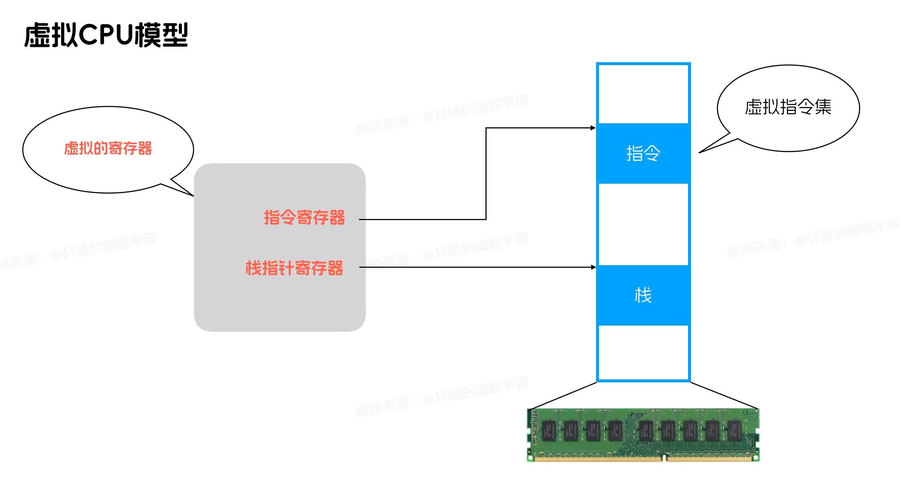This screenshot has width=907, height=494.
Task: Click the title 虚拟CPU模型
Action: click(x=106, y=35)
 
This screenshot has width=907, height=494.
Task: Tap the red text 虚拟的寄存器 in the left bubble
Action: click(x=108, y=148)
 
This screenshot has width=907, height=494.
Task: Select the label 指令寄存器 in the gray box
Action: click(x=304, y=218)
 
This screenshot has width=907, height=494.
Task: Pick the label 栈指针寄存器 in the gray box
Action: click(x=294, y=268)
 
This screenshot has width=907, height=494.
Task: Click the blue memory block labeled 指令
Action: click(x=643, y=153)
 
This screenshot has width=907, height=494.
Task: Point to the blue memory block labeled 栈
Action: click(x=643, y=295)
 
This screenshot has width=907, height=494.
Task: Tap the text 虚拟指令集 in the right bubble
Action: click(x=788, y=107)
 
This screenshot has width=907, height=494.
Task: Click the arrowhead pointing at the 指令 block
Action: click(x=593, y=128)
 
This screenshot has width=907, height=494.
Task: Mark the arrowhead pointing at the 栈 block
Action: click(x=594, y=267)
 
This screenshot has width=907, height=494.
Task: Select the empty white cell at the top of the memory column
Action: click(x=643, y=94)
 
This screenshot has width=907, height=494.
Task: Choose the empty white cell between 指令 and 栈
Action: click(x=643, y=224)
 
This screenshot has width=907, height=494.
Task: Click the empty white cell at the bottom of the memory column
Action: click(x=643, y=352)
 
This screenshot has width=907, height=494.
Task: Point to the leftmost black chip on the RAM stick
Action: click(x=549, y=430)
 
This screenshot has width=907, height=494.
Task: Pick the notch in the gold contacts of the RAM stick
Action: click(x=664, y=458)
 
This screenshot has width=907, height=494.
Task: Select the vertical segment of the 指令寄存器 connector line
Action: click(x=486, y=174)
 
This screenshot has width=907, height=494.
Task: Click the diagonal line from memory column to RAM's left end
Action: click(x=564, y=396)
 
